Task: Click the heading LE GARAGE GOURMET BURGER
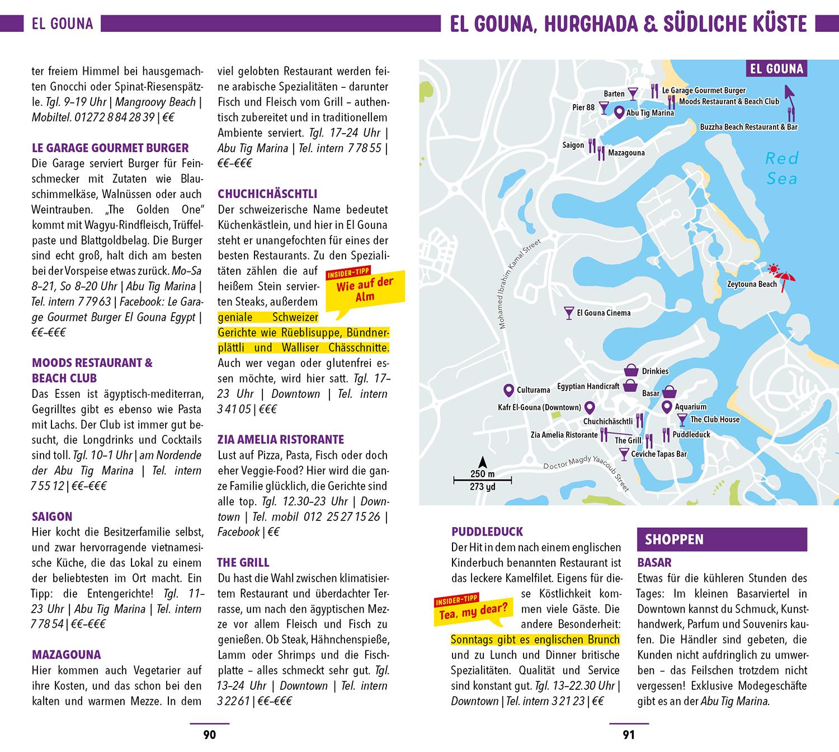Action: click(x=110, y=148)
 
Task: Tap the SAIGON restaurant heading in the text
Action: click(x=52, y=516)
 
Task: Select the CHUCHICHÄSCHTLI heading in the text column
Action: click(x=267, y=194)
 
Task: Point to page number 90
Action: click(x=209, y=735)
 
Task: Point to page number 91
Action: click(x=629, y=735)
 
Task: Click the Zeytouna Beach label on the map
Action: click(x=751, y=284)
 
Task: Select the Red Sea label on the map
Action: click(x=782, y=168)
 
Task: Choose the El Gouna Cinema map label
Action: click(x=603, y=313)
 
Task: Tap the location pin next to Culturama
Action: click(x=508, y=389)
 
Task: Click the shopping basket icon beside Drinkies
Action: click(x=631, y=371)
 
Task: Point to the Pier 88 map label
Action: click(x=583, y=107)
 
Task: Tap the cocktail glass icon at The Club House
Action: click(x=682, y=420)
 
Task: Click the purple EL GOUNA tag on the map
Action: click(x=776, y=69)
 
